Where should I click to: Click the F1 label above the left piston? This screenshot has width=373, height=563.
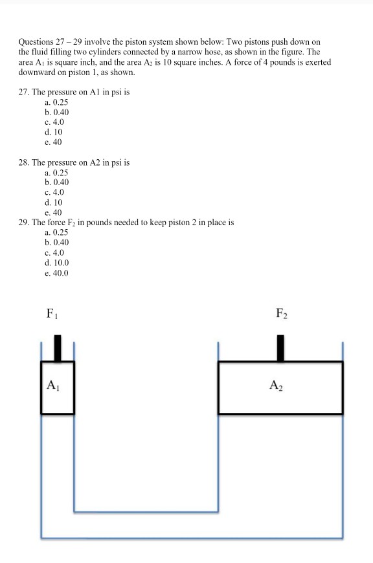tap(51, 315)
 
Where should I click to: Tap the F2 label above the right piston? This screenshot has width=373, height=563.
tap(281, 315)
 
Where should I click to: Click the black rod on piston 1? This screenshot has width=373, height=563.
tap(58, 348)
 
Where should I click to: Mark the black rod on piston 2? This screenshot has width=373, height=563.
tap(280, 348)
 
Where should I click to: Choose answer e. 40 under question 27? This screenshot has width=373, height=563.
tap(53, 142)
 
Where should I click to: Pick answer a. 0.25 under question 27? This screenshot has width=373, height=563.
tap(56, 102)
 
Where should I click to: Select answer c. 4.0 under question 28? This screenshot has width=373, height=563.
tap(54, 192)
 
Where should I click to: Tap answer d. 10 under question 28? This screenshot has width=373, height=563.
tap(53, 202)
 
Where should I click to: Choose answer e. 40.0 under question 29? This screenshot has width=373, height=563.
tap(56, 272)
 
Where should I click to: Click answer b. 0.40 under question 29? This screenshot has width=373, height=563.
tap(56, 242)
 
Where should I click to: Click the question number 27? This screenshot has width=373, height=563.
tap(23, 93)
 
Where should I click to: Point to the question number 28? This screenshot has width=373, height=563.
tap(23, 162)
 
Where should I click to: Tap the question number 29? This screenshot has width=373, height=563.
tap(23, 222)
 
